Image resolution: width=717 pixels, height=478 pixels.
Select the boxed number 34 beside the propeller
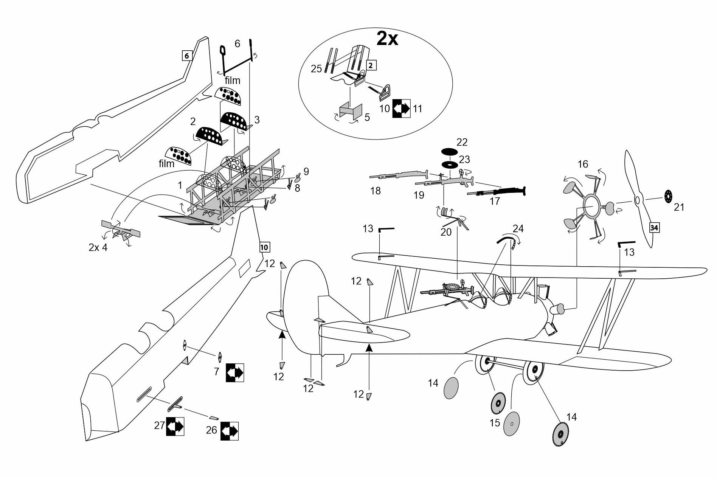[x=654, y=228]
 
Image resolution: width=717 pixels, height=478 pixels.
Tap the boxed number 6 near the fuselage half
[x=186, y=56]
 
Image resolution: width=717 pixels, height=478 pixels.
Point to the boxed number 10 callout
[x=264, y=247]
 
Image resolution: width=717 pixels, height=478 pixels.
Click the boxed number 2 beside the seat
[x=371, y=65]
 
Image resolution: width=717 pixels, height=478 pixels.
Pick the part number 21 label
[x=679, y=207]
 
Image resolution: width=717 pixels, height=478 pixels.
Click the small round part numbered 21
[x=668, y=196]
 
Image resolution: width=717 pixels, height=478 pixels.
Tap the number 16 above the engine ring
[x=583, y=164]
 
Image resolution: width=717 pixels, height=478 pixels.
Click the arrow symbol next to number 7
[x=235, y=372]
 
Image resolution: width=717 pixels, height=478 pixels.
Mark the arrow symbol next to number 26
[x=230, y=431]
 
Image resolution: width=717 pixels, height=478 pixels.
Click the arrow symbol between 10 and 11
[x=401, y=109]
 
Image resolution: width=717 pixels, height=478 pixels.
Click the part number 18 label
[x=375, y=191]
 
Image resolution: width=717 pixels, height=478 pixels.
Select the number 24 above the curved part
[x=518, y=228]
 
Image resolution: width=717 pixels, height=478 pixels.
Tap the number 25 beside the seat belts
[x=316, y=69]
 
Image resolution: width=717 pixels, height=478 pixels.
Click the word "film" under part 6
[x=232, y=81]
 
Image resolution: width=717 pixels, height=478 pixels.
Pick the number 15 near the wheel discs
[x=495, y=422]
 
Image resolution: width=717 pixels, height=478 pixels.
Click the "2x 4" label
[x=98, y=248]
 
